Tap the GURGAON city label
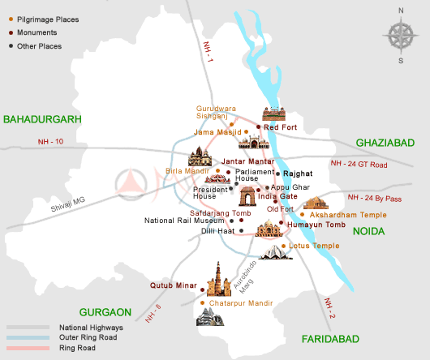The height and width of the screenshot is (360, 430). pyautogui.click(x=105, y=311)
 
